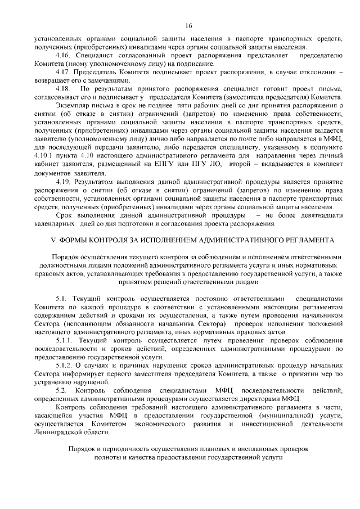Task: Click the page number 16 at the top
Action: coord(188,26)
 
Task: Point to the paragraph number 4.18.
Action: coord(63,89)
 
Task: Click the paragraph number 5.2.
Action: coord(62,390)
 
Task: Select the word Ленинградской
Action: coord(58,432)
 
